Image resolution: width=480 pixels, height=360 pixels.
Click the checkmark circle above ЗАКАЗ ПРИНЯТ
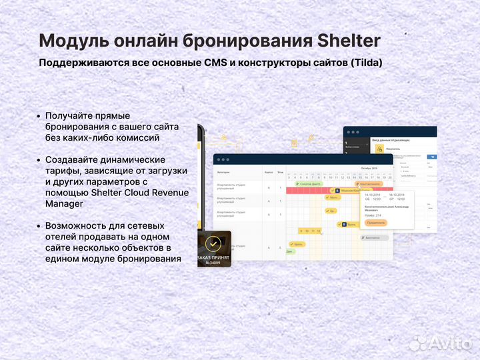point(213,243)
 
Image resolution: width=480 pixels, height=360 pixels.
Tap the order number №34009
point(213,263)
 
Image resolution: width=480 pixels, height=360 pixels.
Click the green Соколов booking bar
point(309,183)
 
